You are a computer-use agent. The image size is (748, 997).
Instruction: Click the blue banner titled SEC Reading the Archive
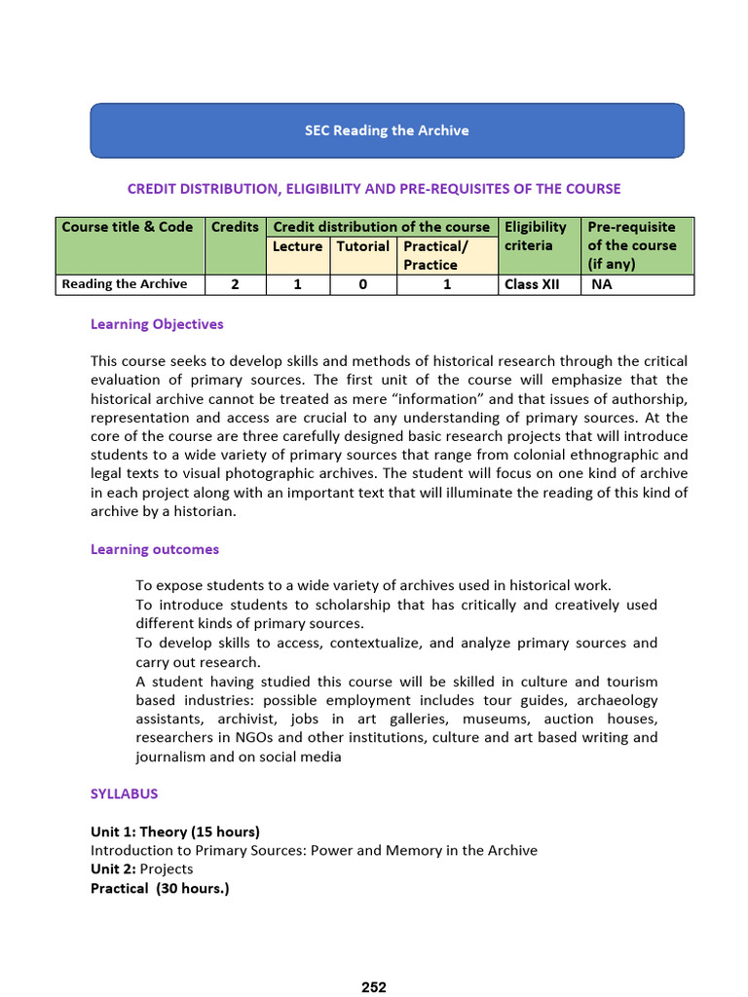(387, 130)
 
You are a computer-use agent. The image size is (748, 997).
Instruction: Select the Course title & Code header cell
(128, 227)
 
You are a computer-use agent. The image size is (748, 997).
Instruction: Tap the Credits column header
(235, 227)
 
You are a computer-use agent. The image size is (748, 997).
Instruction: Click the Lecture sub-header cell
(297, 246)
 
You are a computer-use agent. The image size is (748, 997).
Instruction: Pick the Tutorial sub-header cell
(363, 246)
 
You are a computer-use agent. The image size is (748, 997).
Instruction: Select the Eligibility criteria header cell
(536, 237)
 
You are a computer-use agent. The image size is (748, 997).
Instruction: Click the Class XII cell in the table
(532, 284)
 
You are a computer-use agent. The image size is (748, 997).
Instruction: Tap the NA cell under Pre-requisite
(604, 284)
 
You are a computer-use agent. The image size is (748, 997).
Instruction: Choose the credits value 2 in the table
(235, 284)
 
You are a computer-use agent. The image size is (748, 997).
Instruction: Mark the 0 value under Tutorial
(363, 284)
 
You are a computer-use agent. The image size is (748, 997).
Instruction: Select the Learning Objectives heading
(157, 324)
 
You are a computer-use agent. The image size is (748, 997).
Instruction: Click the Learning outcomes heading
(155, 549)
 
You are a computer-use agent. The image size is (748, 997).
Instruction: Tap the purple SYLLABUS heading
(124, 794)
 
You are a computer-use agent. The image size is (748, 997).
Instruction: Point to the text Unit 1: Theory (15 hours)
(175, 831)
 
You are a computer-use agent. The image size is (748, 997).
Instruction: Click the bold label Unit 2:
(113, 868)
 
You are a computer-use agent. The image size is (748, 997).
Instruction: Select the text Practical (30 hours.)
(160, 888)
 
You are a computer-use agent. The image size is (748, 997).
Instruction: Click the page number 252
(374, 987)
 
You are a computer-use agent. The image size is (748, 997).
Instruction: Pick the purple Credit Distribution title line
(374, 189)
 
